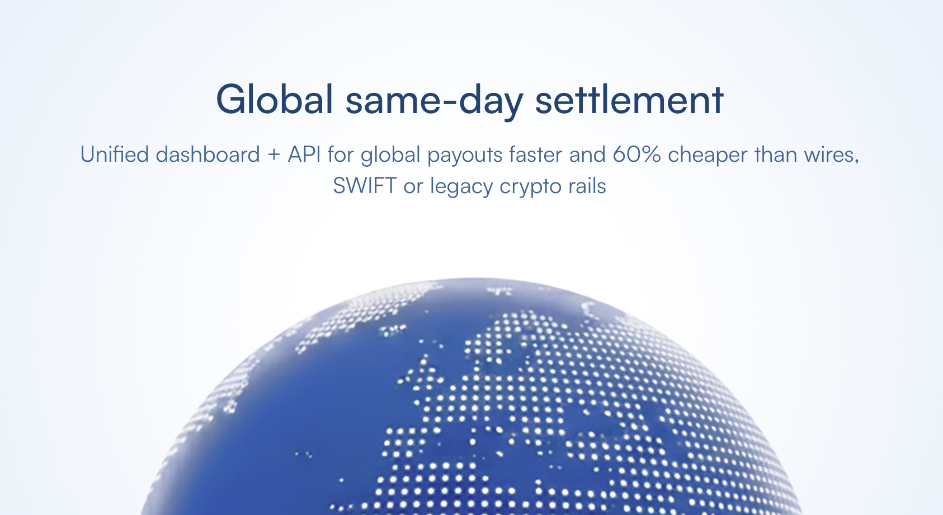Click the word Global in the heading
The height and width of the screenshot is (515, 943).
coord(275,100)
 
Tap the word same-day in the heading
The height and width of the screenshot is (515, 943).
coord(434,100)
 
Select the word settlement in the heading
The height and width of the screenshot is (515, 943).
coord(629,100)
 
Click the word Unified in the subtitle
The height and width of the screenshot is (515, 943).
coord(114,154)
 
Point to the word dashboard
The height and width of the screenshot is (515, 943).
coord(208,154)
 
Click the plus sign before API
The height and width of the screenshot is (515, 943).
coord(274,155)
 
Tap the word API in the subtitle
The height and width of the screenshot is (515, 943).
coord(304,154)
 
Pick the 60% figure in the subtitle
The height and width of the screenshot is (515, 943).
coord(637,154)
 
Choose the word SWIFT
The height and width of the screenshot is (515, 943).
coord(365,186)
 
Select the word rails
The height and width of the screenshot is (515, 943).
coord(587,186)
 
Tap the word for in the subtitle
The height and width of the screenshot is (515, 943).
coord(341,154)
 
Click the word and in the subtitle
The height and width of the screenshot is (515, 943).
coord(587,154)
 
